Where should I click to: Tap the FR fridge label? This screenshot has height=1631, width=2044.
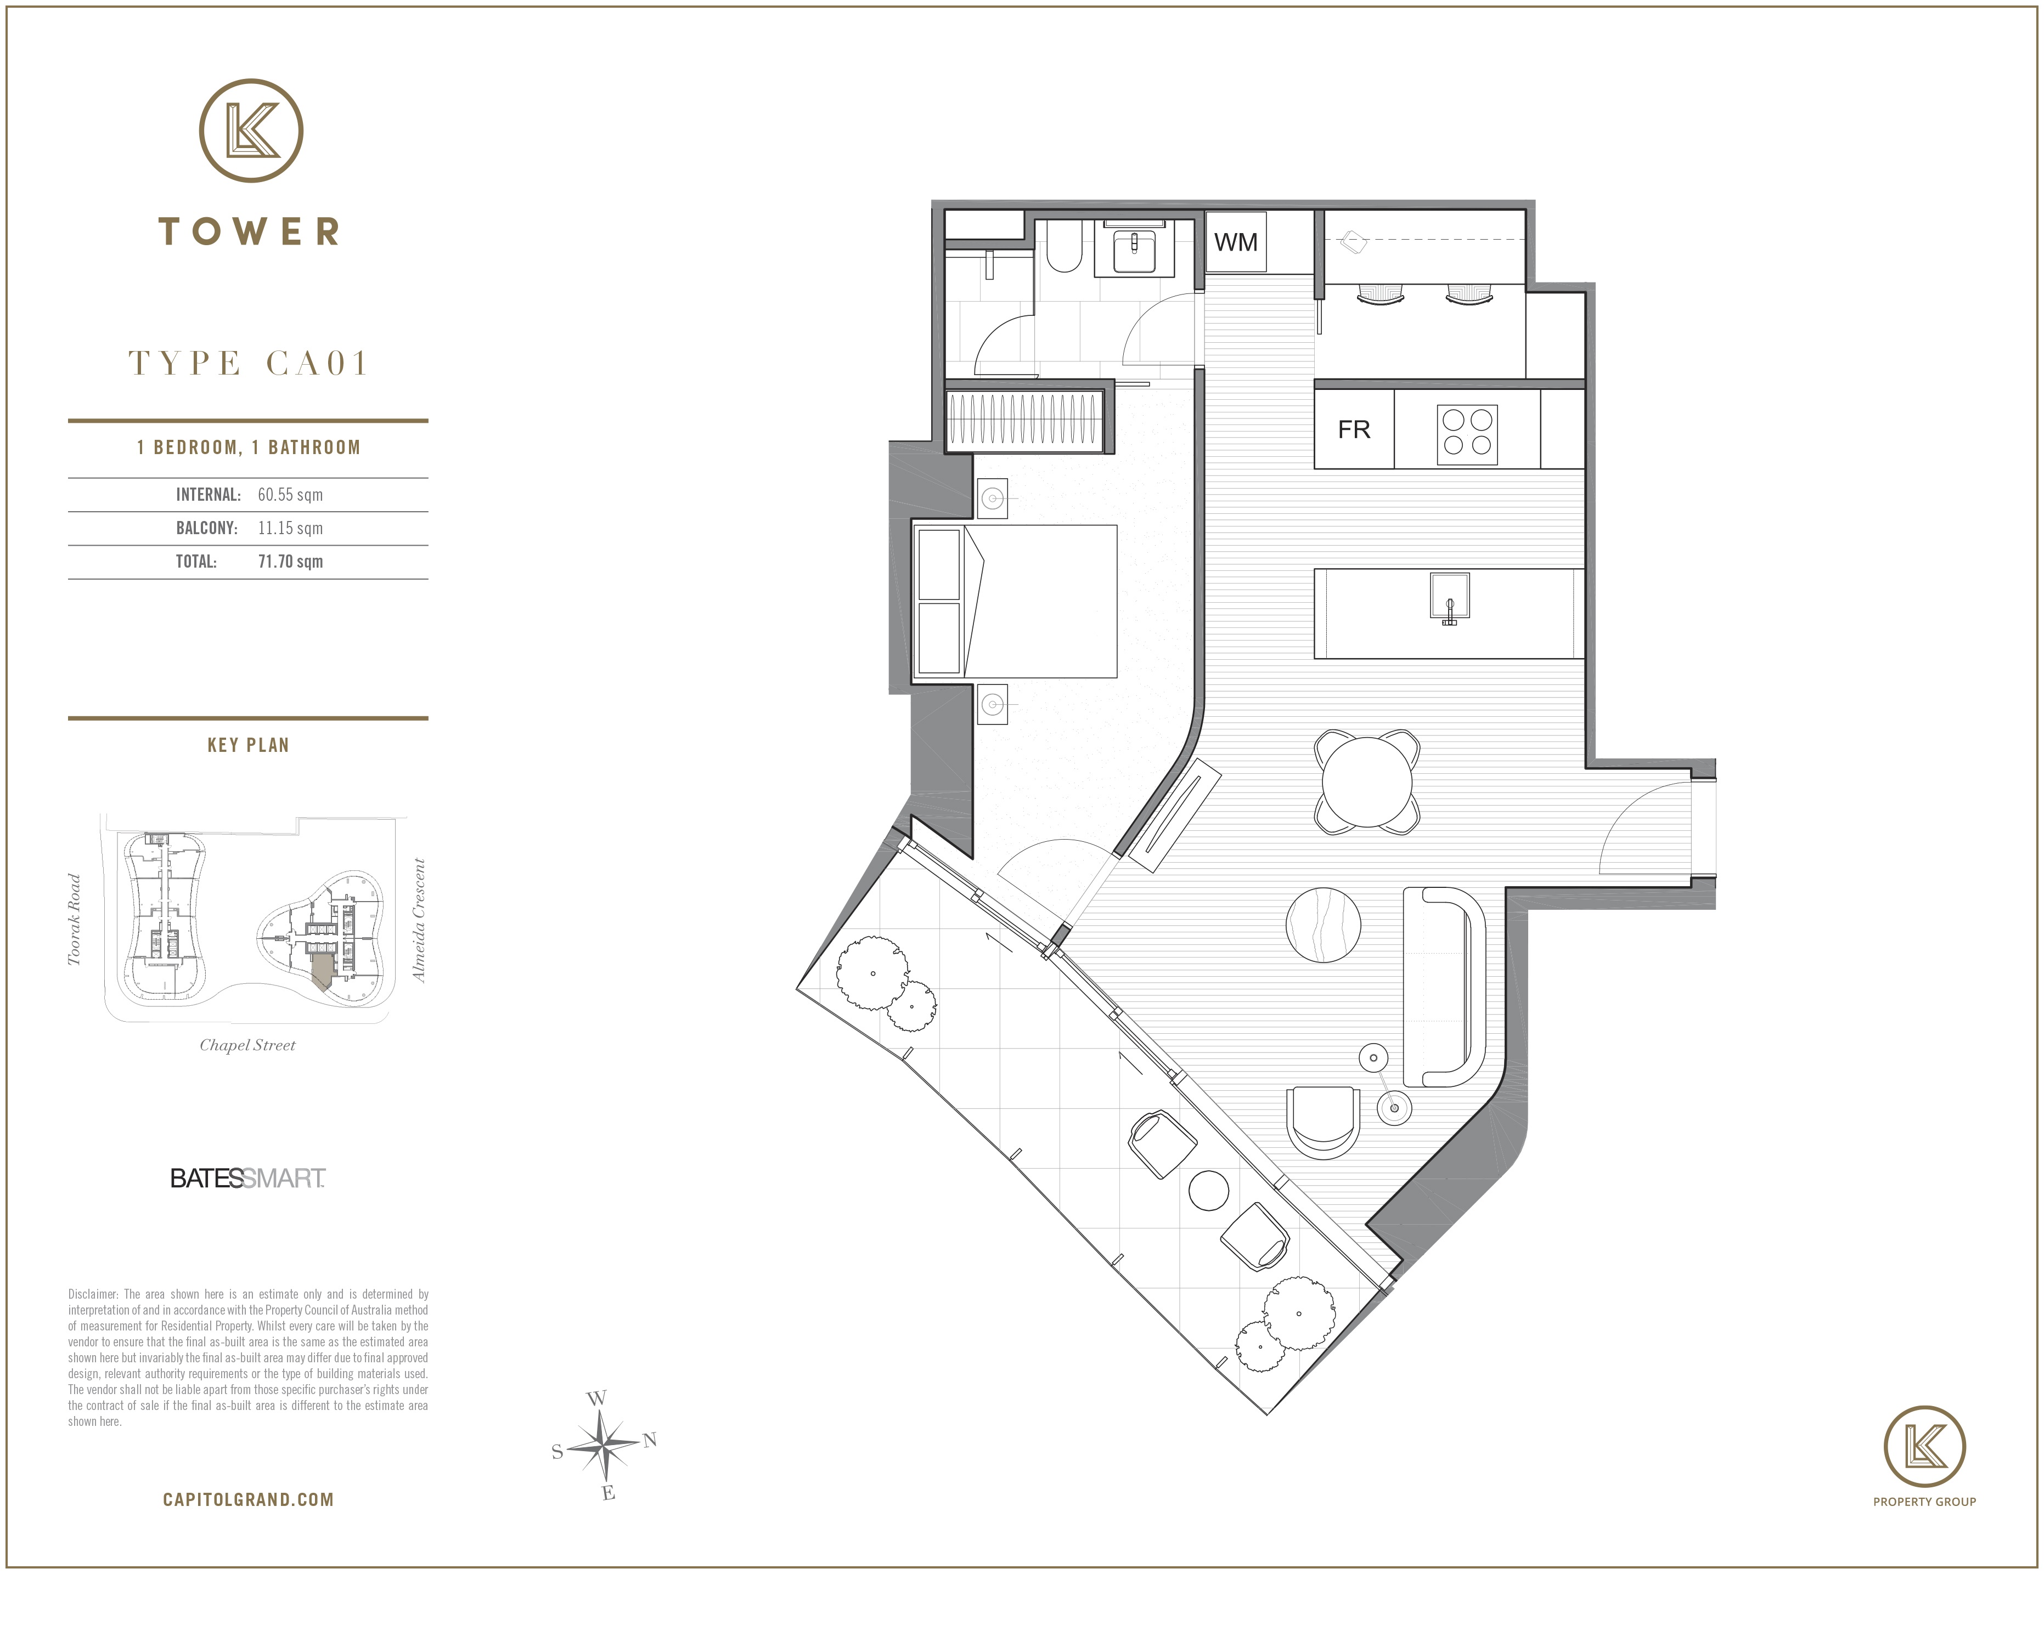1354,431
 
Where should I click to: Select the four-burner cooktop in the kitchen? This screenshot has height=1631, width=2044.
1467,435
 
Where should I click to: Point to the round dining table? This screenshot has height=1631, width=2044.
1367,782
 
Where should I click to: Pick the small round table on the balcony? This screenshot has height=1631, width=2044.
1208,1190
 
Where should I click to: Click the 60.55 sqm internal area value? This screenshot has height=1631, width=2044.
290,495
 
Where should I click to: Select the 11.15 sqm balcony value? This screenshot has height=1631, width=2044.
290,529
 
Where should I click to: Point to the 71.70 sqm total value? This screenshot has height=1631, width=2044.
290,562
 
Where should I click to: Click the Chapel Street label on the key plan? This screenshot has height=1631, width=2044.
247,1045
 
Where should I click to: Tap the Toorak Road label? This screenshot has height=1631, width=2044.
75,919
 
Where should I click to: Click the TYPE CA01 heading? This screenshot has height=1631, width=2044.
249,363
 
